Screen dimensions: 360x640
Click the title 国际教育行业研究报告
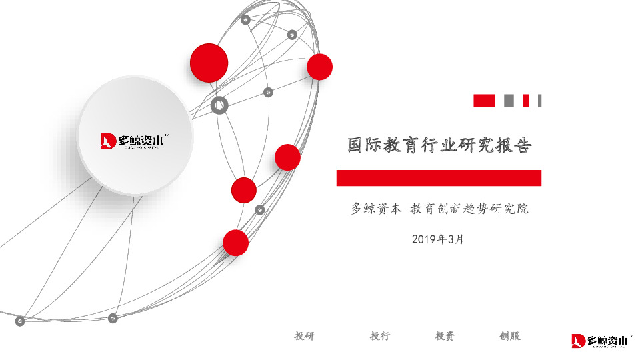pyautogui.click(x=439, y=145)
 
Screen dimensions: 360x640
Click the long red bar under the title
pyautogui.click(x=439, y=178)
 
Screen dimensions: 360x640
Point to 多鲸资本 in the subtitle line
pyautogui.click(x=376, y=209)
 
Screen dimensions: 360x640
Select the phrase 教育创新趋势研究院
pyautogui.click(x=469, y=209)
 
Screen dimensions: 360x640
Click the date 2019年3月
pyautogui.click(x=437, y=239)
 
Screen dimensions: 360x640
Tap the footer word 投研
pyautogui.click(x=304, y=336)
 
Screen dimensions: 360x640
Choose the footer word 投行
pyautogui.click(x=380, y=336)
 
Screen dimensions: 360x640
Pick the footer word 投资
pyautogui.click(x=445, y=336)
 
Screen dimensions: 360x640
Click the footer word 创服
pyautogui.click(x=509, y=336)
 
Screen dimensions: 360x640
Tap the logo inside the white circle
pyautogui.click(x=133, y=141)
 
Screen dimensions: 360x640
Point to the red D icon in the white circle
pyautogui.click(x=109, y=141)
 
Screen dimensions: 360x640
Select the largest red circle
pyautogui.click(x=209, y=63)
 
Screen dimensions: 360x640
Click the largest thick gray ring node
pyautogui.click(x=219, y=105)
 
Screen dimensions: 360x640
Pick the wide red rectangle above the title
pyautogui.click(x=484, y=101)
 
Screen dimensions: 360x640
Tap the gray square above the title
pyautogui.click(x=509, y=101)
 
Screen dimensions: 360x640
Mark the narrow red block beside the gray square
pyautogui.click(x=525, y=101)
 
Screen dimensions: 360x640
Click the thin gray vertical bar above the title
pyautogui.click(x=539, y=101)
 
